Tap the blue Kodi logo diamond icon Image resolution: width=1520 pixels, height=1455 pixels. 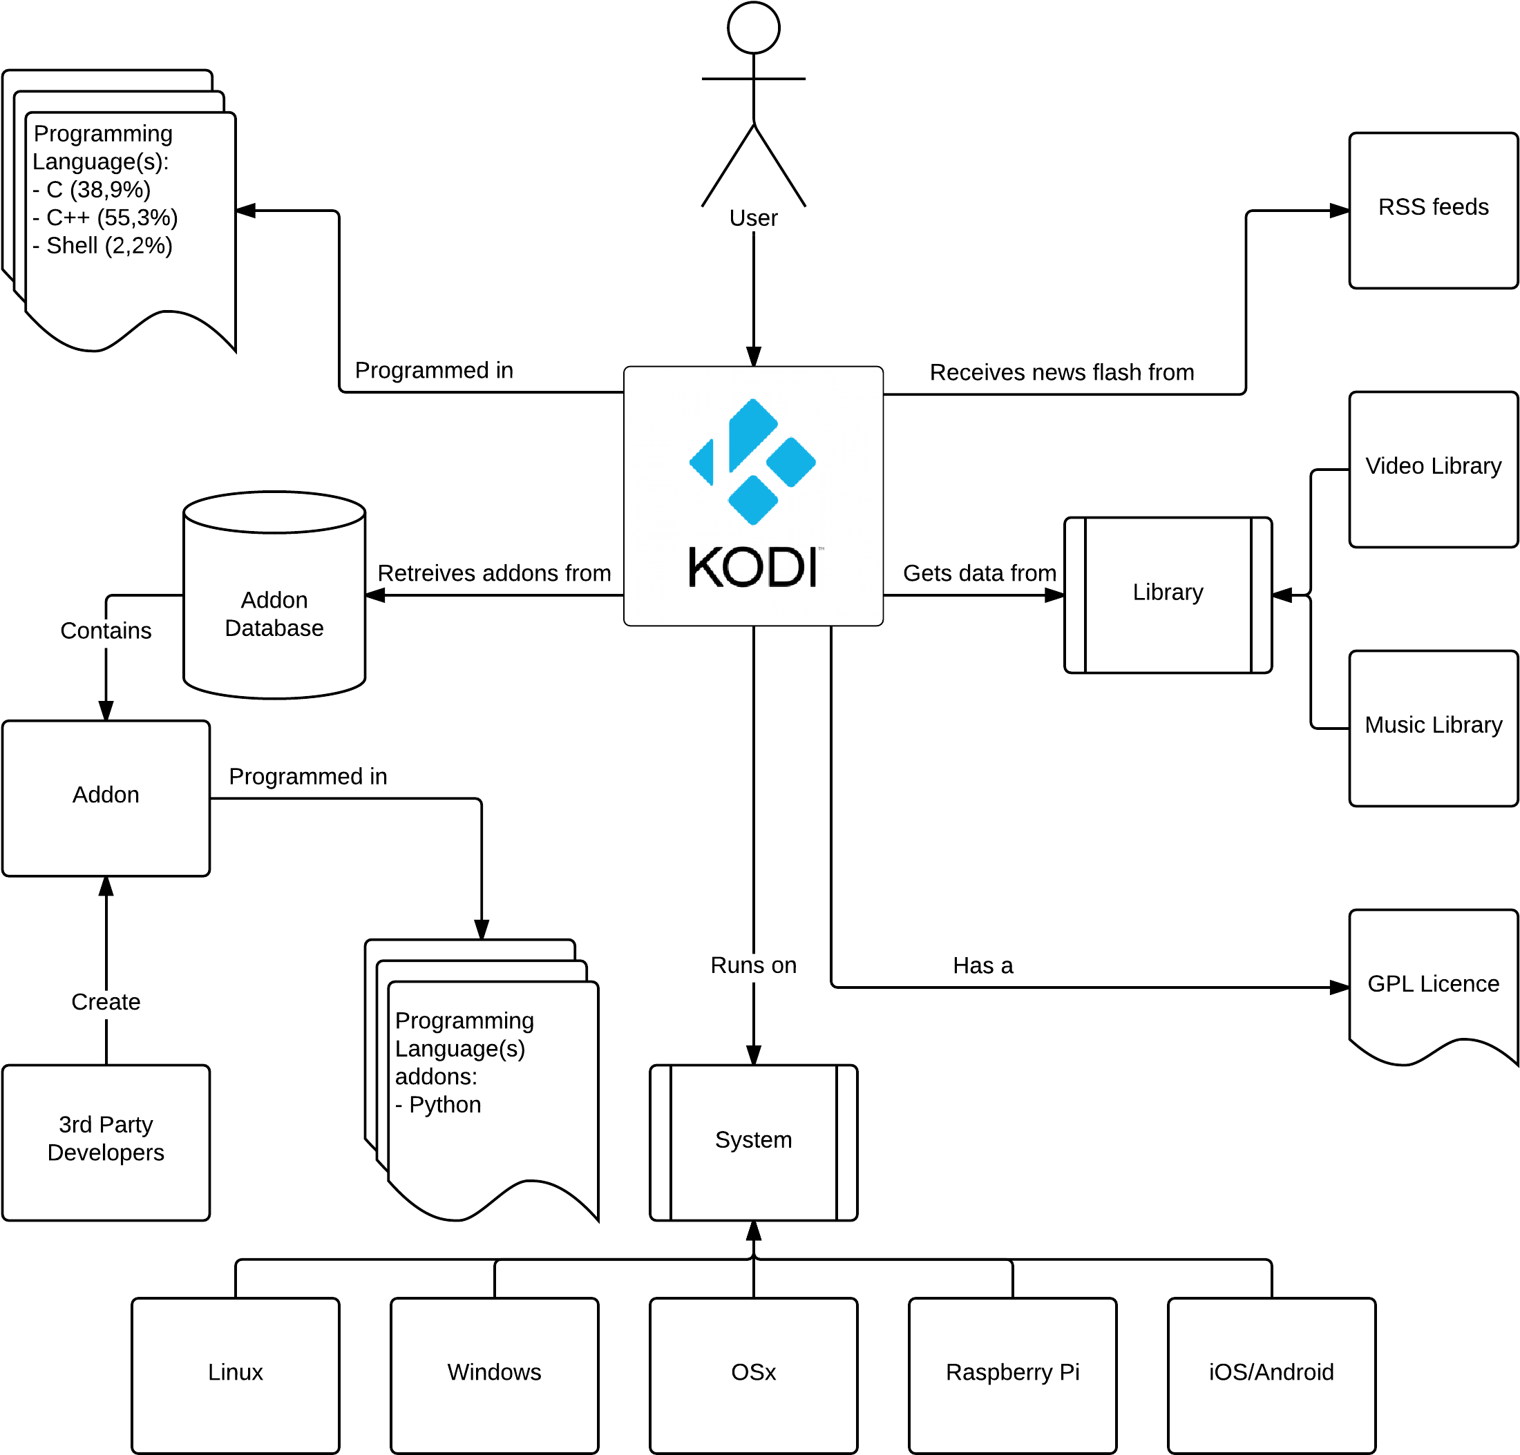point(752,461)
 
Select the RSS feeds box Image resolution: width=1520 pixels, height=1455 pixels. point(1433,210)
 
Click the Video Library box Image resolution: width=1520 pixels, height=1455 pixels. point(1433,469)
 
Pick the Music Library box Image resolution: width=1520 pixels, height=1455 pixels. point(1433,728)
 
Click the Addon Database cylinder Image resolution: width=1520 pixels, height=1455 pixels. point(274,595)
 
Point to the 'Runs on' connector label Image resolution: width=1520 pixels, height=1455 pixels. point(753,965)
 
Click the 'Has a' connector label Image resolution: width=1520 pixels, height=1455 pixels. point(982,965)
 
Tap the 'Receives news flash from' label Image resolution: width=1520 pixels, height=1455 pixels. point(1062,372)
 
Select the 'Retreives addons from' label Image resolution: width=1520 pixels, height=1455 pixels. point(494,573)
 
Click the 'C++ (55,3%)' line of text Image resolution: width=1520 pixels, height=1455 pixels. point(112,218)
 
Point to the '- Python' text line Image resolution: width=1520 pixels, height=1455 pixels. point(438,1105)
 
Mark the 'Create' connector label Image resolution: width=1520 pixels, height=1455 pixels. point(106,1001)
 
